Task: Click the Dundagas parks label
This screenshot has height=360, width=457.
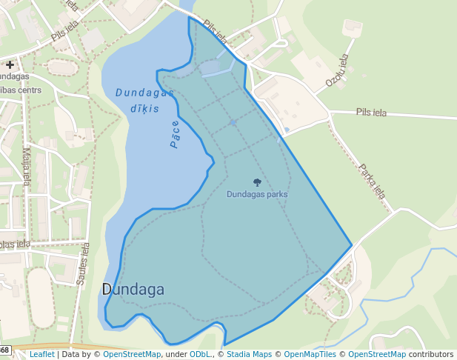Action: [257, 194]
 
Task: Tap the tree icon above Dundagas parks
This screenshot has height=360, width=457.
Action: [257, 182]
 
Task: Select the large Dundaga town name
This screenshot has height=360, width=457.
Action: [133, 289]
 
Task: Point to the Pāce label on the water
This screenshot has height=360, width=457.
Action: [175, 134]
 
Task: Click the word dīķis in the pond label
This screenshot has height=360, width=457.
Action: [144, 109]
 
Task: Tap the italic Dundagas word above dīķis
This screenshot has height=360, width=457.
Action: [144, 93]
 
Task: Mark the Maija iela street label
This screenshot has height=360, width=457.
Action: [27, 166]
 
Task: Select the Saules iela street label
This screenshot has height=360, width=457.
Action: [82, 264]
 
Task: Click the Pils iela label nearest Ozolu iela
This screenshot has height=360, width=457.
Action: [371, 113]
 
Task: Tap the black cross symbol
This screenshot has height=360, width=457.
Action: [10, 65]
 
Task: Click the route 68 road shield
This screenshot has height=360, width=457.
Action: [4, 350]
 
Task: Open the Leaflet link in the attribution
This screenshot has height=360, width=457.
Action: [41, 355]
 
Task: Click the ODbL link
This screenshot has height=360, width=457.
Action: [200, 355]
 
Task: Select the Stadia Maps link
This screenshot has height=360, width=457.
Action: [249, 355]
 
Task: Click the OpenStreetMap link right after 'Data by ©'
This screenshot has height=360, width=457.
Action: [132, 355]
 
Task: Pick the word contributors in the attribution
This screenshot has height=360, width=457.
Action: [431, 355]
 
